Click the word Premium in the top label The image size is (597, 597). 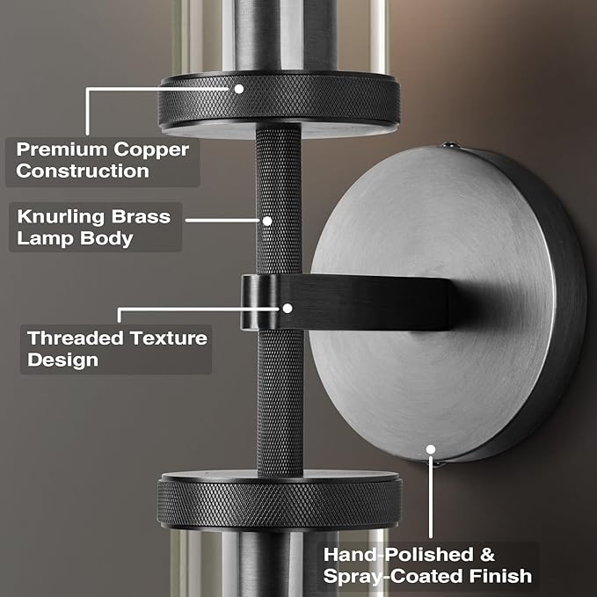[x=62, y=149]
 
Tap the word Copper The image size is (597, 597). [x=151, y=150]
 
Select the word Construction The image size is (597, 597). [x=83, y=171]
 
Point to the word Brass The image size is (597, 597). [x=141, y=216]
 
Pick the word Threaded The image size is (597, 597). [x=76, y=338]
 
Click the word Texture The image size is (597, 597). [x=168, y=338]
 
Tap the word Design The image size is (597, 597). [x=62, y=360]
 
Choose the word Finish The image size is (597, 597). [x=500, y=575]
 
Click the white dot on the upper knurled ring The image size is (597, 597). [x=239, y=89]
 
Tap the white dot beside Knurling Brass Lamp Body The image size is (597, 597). [x=267, y=221]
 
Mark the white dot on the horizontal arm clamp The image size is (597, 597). [x=288, y=309]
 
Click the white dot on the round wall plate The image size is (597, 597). [x=431, y=449]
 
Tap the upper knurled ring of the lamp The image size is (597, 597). [x=279, y=99]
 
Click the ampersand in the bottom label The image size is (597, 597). [x=487, y=555]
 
